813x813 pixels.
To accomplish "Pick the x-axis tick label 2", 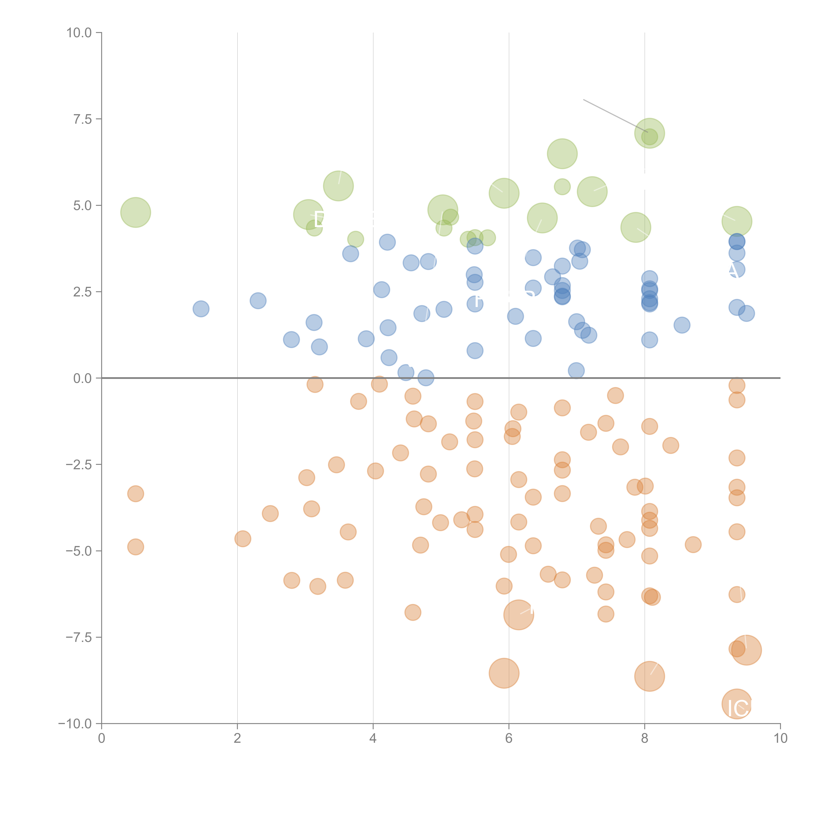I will tap(237, 739).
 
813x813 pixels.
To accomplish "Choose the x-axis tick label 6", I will tap(509, 739).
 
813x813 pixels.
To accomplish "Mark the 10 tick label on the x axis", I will tap(780, 739).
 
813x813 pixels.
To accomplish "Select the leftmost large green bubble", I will tap(135, 212).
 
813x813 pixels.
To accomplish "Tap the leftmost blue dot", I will tap(201, 309).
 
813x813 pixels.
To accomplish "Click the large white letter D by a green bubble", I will tap(319, 220).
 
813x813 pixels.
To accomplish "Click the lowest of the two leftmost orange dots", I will tap(135, 547).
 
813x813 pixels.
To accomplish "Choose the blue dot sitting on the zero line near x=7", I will tap(576, 371).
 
